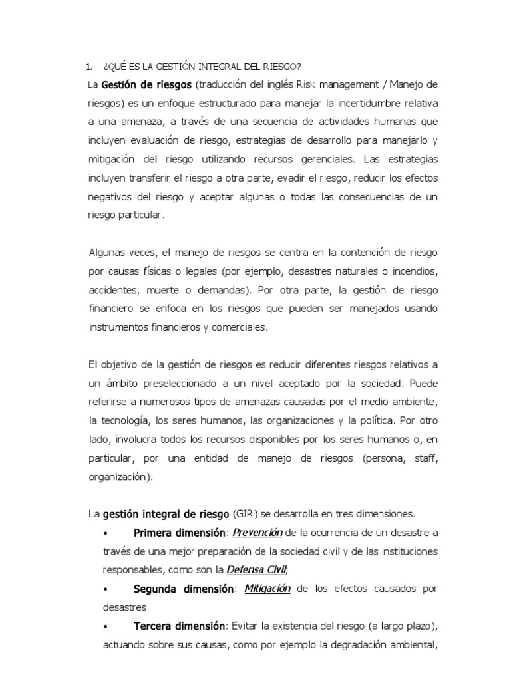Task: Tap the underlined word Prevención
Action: pyautogui.click(x=257, y=532)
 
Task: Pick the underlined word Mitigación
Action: pyautogui.click(x=267, y=589)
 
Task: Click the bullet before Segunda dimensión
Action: pyautogui.click(x=107, y=589)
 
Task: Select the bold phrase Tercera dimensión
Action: pyautogui.click(x=180, y=626)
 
